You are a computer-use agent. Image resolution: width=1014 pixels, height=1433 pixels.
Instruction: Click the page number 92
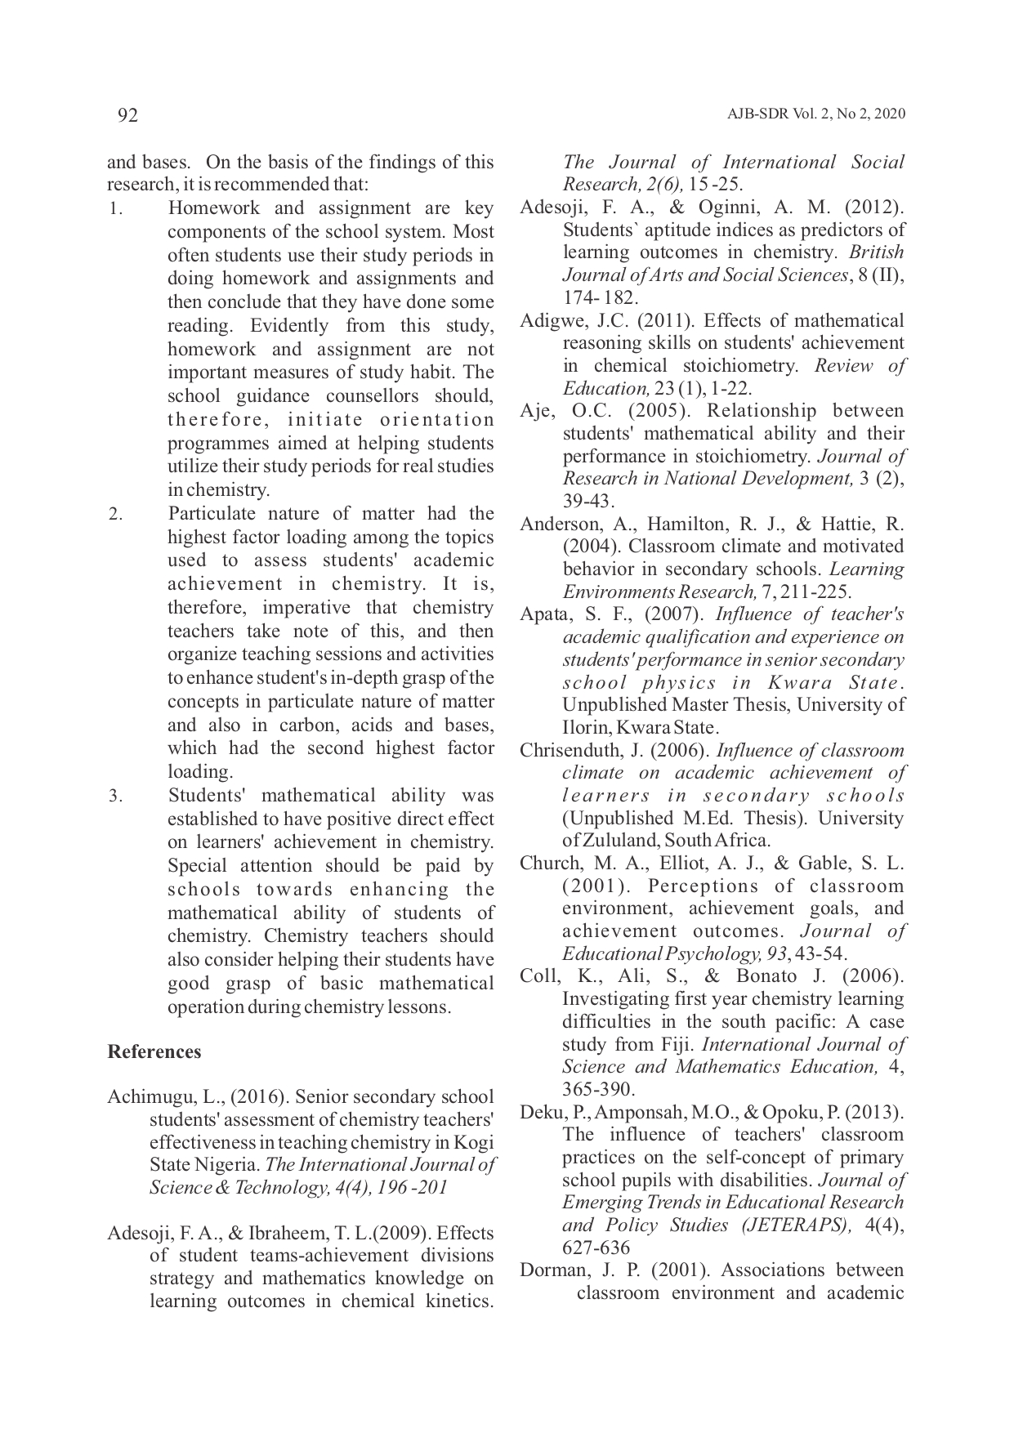pyautogui.click(x=127, y=115)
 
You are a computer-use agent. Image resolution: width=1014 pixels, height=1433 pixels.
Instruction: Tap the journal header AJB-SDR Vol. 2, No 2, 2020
pyautogui.click(x=815, y=114)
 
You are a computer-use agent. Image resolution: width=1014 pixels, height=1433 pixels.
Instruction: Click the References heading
pyautogui.click(x=154, y=1051)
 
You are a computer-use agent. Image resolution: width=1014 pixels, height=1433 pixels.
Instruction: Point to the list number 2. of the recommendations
pyautogui.click(x=115, y=515)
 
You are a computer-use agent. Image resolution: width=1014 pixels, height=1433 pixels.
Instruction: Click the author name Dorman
pyautogui.click(x=549, y=1270)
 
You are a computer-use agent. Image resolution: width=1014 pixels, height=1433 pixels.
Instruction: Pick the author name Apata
pyautogui.click(x=543, y=614)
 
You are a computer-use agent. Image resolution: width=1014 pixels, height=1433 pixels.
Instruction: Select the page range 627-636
pyautogui.click(x=596, y=1248)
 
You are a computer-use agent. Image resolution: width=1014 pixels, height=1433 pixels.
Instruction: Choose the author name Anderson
pyautogui.click(x=556, y=524)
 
